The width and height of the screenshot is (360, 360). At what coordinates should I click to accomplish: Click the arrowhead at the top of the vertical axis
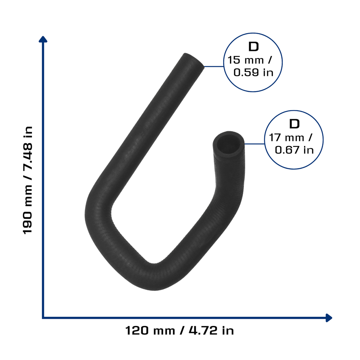tap(43, 39)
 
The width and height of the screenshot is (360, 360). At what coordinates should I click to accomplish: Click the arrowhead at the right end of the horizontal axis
tap(329, 318)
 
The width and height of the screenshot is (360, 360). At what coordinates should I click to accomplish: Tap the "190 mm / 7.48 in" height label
tap(28, 180)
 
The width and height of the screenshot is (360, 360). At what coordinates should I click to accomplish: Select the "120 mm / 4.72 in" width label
tap(180, 330)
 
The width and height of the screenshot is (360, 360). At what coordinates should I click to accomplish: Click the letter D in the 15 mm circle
tap(253, 47)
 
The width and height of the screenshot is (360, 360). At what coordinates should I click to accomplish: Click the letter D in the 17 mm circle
tap(294, 124)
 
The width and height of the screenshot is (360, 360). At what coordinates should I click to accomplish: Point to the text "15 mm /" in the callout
tap(250, 60)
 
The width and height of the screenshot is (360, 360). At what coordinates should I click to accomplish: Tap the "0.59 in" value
tap(253, 72)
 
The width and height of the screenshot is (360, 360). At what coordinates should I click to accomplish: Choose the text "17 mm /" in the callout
tap(290, 138)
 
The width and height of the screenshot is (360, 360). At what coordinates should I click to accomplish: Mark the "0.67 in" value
tap(294, 150)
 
